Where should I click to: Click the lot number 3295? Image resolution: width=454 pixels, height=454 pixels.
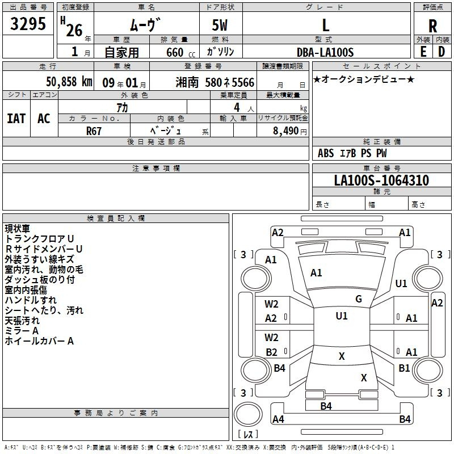point(28,24)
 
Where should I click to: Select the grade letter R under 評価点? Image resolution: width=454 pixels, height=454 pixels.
point(432,26)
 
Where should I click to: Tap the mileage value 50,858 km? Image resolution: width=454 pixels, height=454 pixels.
point(69,82)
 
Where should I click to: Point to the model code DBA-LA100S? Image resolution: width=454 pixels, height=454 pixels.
point(325,52)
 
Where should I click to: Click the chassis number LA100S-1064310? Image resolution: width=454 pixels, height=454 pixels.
point(381,180)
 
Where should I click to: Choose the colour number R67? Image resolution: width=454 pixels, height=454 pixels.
point(94,131)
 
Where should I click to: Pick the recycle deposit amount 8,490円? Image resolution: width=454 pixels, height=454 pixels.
point(290,131)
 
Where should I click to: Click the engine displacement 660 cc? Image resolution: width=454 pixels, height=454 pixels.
point(180,53)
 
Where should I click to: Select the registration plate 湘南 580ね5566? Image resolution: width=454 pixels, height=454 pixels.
point(215,82)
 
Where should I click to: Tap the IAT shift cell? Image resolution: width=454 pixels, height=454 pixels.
point(16,119)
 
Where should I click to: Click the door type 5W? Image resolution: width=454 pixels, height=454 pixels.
point(220,25)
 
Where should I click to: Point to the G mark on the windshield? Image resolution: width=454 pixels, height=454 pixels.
point(359,299)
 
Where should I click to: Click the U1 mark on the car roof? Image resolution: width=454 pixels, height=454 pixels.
point(342,316)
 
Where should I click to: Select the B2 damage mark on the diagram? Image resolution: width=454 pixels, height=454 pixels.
point(271,352)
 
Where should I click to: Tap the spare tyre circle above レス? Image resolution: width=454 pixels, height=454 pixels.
point(248,414)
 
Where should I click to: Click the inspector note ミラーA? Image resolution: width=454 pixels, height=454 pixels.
point(22,331)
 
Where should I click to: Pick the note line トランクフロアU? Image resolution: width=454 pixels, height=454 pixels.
point(39,238)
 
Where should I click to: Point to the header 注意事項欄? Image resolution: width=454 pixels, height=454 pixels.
point(156,168)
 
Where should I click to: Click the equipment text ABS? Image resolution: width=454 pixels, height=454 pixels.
point(326,153)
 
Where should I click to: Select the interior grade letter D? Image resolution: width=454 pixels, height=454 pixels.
point(442,52)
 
